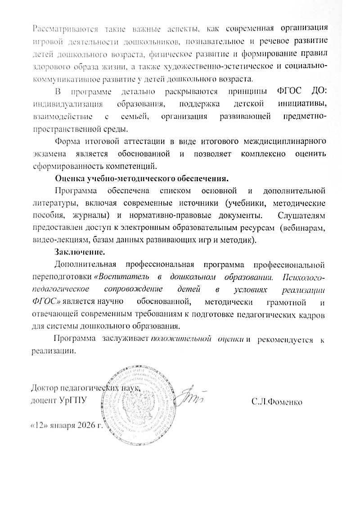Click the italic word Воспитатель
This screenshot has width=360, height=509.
tap(125, 275)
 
